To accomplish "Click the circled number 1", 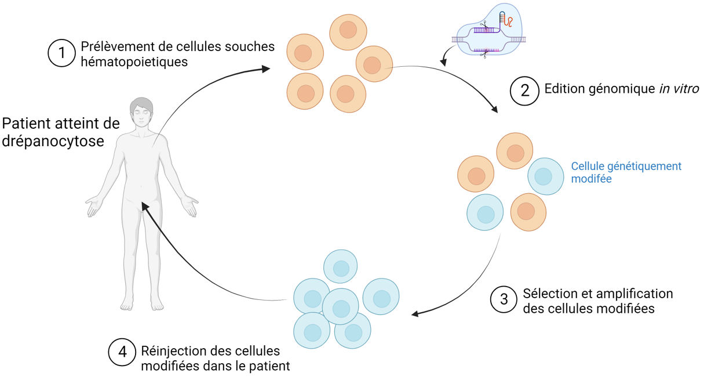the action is click(x=61, y=53).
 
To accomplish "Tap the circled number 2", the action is click(x=524, y=91).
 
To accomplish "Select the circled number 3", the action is click(x=504, y=299).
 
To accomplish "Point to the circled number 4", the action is click(x=122, y=352).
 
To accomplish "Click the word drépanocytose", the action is click(x=53, y=142).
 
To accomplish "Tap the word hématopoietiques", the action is click(x=134, y=62).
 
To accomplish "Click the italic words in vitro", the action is click(x=679, y=89).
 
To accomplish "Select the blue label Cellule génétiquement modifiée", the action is click(x=626, y=172).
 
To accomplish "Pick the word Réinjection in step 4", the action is click(x=173, y=351).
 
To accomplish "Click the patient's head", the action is click(x=141, y=112).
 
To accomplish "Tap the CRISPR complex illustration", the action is click(x=489, y=30).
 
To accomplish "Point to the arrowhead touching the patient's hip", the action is click(x=145, y=207).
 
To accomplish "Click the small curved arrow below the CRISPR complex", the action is click(x=447, y=55).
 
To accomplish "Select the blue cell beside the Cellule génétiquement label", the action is click(x=545, y=176).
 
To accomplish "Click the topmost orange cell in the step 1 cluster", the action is click(x=348, y=32).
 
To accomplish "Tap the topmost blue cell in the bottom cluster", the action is click(x=340, y=266).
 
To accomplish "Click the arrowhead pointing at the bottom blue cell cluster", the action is click(x=416, y=313).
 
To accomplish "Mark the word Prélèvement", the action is click(x=117, y=46).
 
